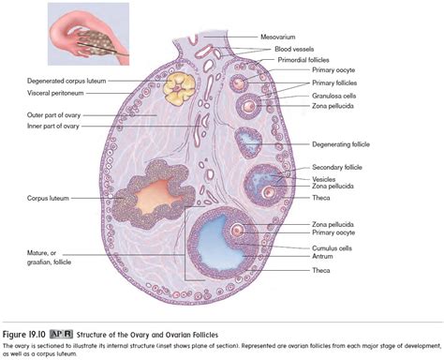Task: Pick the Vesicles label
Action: (x=323, y=178)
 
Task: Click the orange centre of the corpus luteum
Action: (x=155, y=199)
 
